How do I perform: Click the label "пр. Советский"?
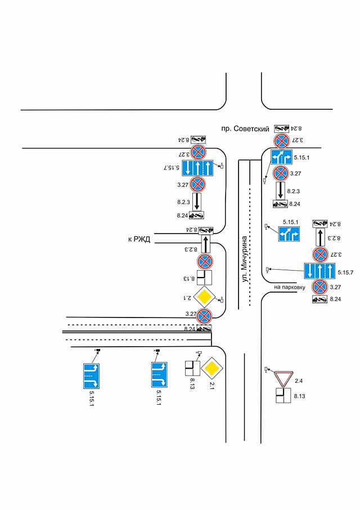pos(245,129)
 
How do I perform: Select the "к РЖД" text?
pos(139,239)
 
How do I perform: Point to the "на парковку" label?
pos(290,287)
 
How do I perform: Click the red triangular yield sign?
pos(283,377)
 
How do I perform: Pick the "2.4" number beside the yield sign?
pos(299,381)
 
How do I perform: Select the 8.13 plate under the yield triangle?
pos(283,396)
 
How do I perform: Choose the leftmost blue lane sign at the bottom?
pos(91,376)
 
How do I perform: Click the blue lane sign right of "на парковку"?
pos(319,271)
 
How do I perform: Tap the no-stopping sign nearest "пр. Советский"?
pos(281,141)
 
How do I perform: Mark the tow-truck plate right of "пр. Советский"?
pos(281,128)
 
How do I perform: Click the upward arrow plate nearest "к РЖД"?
pos(206,244)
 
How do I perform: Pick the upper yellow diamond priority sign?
pos(204,296)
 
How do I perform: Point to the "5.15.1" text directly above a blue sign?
pos(290,222)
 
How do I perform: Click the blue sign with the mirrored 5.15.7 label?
pos(197,168)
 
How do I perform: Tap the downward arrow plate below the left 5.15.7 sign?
pos(197,202)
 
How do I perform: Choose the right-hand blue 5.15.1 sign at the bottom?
pos(160,375)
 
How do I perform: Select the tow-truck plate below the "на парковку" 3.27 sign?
pos(319,299)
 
